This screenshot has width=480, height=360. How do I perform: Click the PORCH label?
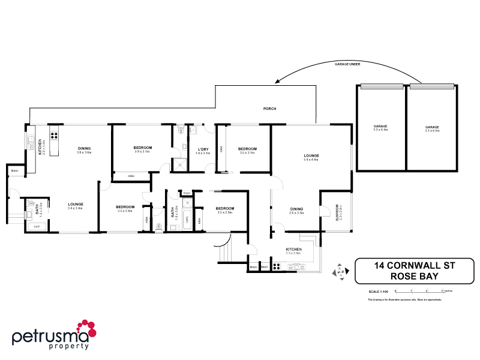pos(269,109)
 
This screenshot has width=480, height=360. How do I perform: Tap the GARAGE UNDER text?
pos(347,63)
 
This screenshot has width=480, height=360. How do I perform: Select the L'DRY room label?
pos(202,149)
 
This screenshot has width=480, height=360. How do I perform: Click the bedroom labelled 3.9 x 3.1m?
pos(143,148)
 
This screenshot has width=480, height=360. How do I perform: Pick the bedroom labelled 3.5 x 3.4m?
pos(125,208)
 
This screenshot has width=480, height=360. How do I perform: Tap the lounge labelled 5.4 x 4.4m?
pos(311,157)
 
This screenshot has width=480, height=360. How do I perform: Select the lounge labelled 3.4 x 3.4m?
pos(75,205)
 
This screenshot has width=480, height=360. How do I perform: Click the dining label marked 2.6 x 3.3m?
pos(296,209)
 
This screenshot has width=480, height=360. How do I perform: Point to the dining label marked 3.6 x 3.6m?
pos(84,149)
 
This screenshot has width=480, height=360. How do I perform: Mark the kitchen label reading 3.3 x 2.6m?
pos(293,250)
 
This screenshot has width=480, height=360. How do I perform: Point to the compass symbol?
pos(340,271)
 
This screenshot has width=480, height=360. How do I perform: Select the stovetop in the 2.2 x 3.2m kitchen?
pos(53,136)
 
